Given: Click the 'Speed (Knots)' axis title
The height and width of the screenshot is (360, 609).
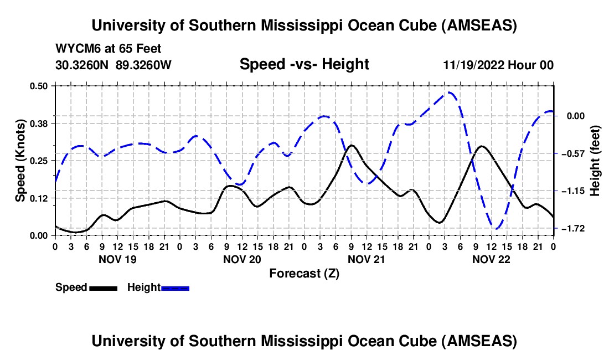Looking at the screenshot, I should tap(20, 161).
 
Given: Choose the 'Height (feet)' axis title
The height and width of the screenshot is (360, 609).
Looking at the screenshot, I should tap(595, 161).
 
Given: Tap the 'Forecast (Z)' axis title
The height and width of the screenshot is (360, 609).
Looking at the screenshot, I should tap(304, 273).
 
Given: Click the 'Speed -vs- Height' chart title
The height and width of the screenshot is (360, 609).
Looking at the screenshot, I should tap(304, 64).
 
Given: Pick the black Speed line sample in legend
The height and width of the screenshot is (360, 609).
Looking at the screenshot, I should tap(102, 288).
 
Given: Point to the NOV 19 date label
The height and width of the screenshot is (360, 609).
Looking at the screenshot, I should tap(117, 259).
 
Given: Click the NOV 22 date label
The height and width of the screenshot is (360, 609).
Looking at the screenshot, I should tap(491, 259).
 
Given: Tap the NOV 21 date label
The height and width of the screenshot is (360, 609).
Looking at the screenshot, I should tap(366, 259).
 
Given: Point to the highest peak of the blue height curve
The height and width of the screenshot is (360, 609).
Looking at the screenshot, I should tap(450, 92).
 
